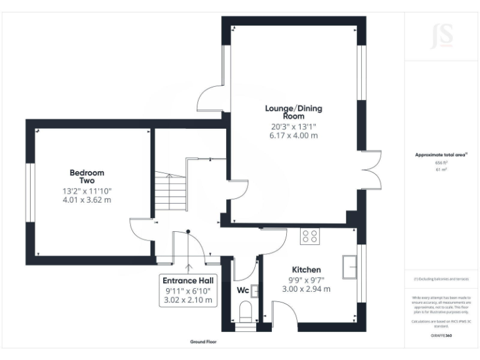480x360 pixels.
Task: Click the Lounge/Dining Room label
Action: click(x=293, y=112)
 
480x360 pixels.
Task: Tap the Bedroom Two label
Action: click(x=87, y=176)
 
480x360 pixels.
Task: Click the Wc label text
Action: click(x=243, y=291)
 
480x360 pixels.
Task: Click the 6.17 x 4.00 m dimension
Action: click(x=293, y=135)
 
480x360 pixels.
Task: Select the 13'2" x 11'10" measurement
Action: click(x=87, y=191)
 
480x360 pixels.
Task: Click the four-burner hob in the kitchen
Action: click(x=309, y=236)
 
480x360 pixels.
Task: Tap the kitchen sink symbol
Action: click(x=350, y=267)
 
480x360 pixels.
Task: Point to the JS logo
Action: click(x=442, y=36)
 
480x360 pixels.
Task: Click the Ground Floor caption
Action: click(x=204, y=342)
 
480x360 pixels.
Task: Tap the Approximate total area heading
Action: click(x=441, y=154)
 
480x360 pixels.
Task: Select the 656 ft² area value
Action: click(x=441, y=162)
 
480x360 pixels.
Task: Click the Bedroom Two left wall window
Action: click(x=29, y=191)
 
